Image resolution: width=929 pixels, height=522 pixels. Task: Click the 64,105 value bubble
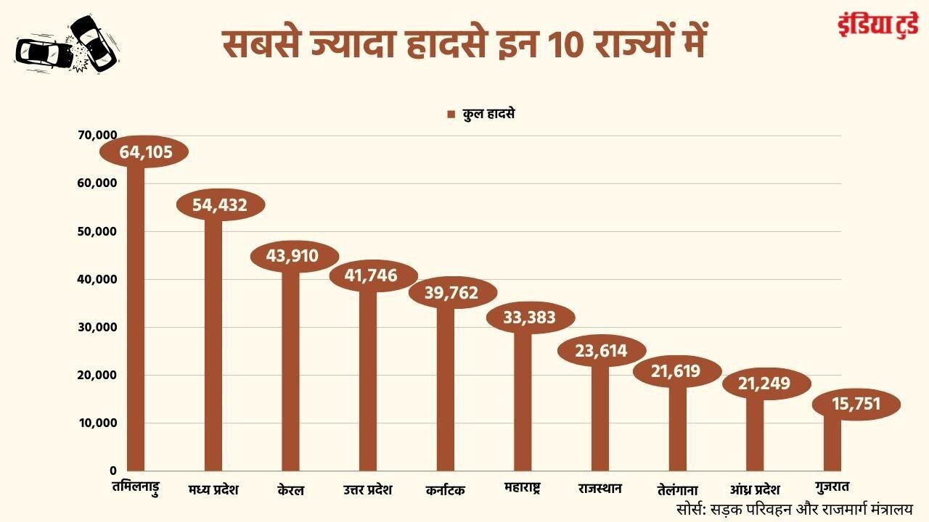click(x=144, y=152)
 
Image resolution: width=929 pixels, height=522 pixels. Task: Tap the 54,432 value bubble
click(x=221, y=205)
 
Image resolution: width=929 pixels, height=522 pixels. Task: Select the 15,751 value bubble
click(x=856, y=403)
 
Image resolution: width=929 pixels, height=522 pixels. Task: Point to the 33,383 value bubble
click(x=531, y=318)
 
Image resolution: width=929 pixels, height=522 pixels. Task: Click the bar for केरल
click(x=290, y=370)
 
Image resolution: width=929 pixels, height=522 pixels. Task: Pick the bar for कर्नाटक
click(x=445, y=388)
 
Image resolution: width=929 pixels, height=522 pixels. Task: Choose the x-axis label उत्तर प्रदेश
click(x=367, y=489)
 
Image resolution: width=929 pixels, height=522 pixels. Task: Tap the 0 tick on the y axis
click(x=112, y=471)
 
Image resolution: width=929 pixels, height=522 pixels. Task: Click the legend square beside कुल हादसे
click(x=450, y=115)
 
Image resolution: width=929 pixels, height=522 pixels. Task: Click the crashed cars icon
click(x=67, y=44)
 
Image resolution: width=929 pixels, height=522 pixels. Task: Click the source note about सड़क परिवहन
click(x=794, y=508)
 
